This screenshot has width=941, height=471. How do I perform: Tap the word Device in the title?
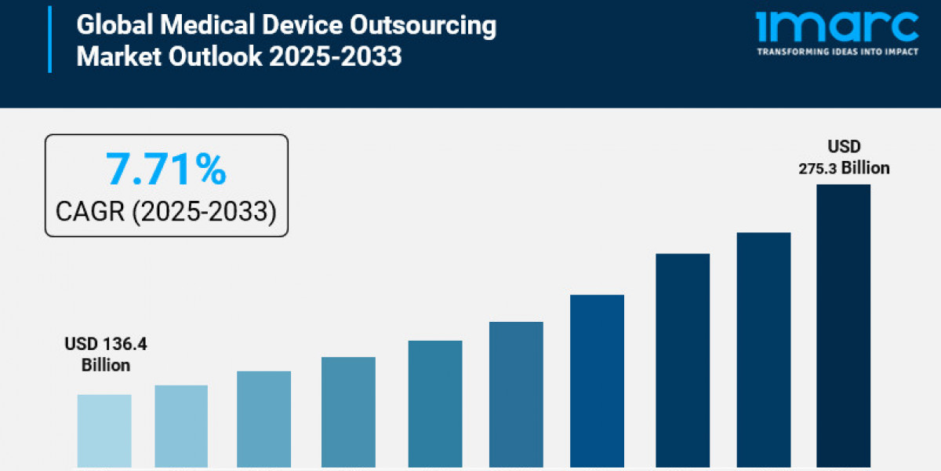(x=302, y=25)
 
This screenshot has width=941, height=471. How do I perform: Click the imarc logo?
(x=837, y=27)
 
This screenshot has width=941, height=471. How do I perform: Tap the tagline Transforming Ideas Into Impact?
(x=837, y=52)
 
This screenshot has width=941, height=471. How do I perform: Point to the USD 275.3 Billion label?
(x=844, y=157)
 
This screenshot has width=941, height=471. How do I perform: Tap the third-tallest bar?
(x=683, y=360)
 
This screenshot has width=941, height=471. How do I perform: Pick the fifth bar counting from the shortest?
(x=435, y=404)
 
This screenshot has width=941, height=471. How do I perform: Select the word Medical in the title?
(x=200, y=25)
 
